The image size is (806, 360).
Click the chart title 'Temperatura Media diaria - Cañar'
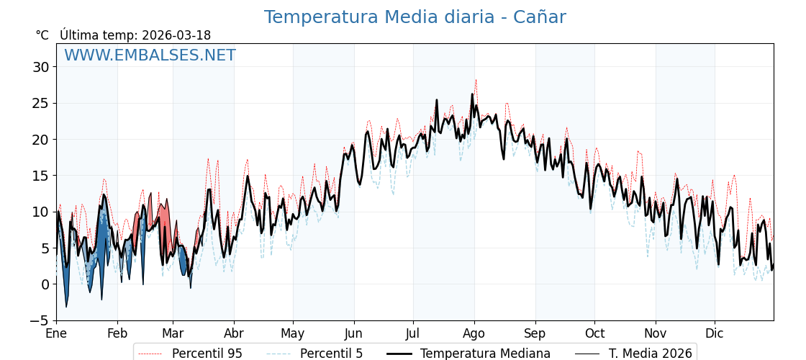(415, 17)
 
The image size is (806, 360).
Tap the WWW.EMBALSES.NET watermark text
(150, 55)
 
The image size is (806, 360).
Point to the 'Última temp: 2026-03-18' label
(135, 35)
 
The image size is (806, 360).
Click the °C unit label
(42, 35)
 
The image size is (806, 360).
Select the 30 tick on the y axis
(40, 67)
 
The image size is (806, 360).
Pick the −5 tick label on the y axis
(40, 320)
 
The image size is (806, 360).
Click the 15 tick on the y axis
(40, 176)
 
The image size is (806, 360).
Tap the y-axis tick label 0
(45, 284)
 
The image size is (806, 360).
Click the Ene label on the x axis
(56, 333)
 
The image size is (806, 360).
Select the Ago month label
(474, 333)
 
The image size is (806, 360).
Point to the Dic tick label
(715, 333)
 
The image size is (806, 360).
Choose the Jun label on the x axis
(353, 333)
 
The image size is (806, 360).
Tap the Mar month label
(173, 333)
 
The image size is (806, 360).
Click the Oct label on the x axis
(594, 333)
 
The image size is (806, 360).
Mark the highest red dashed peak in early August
(476, 80)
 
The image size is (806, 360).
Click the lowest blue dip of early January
(66, 307)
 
